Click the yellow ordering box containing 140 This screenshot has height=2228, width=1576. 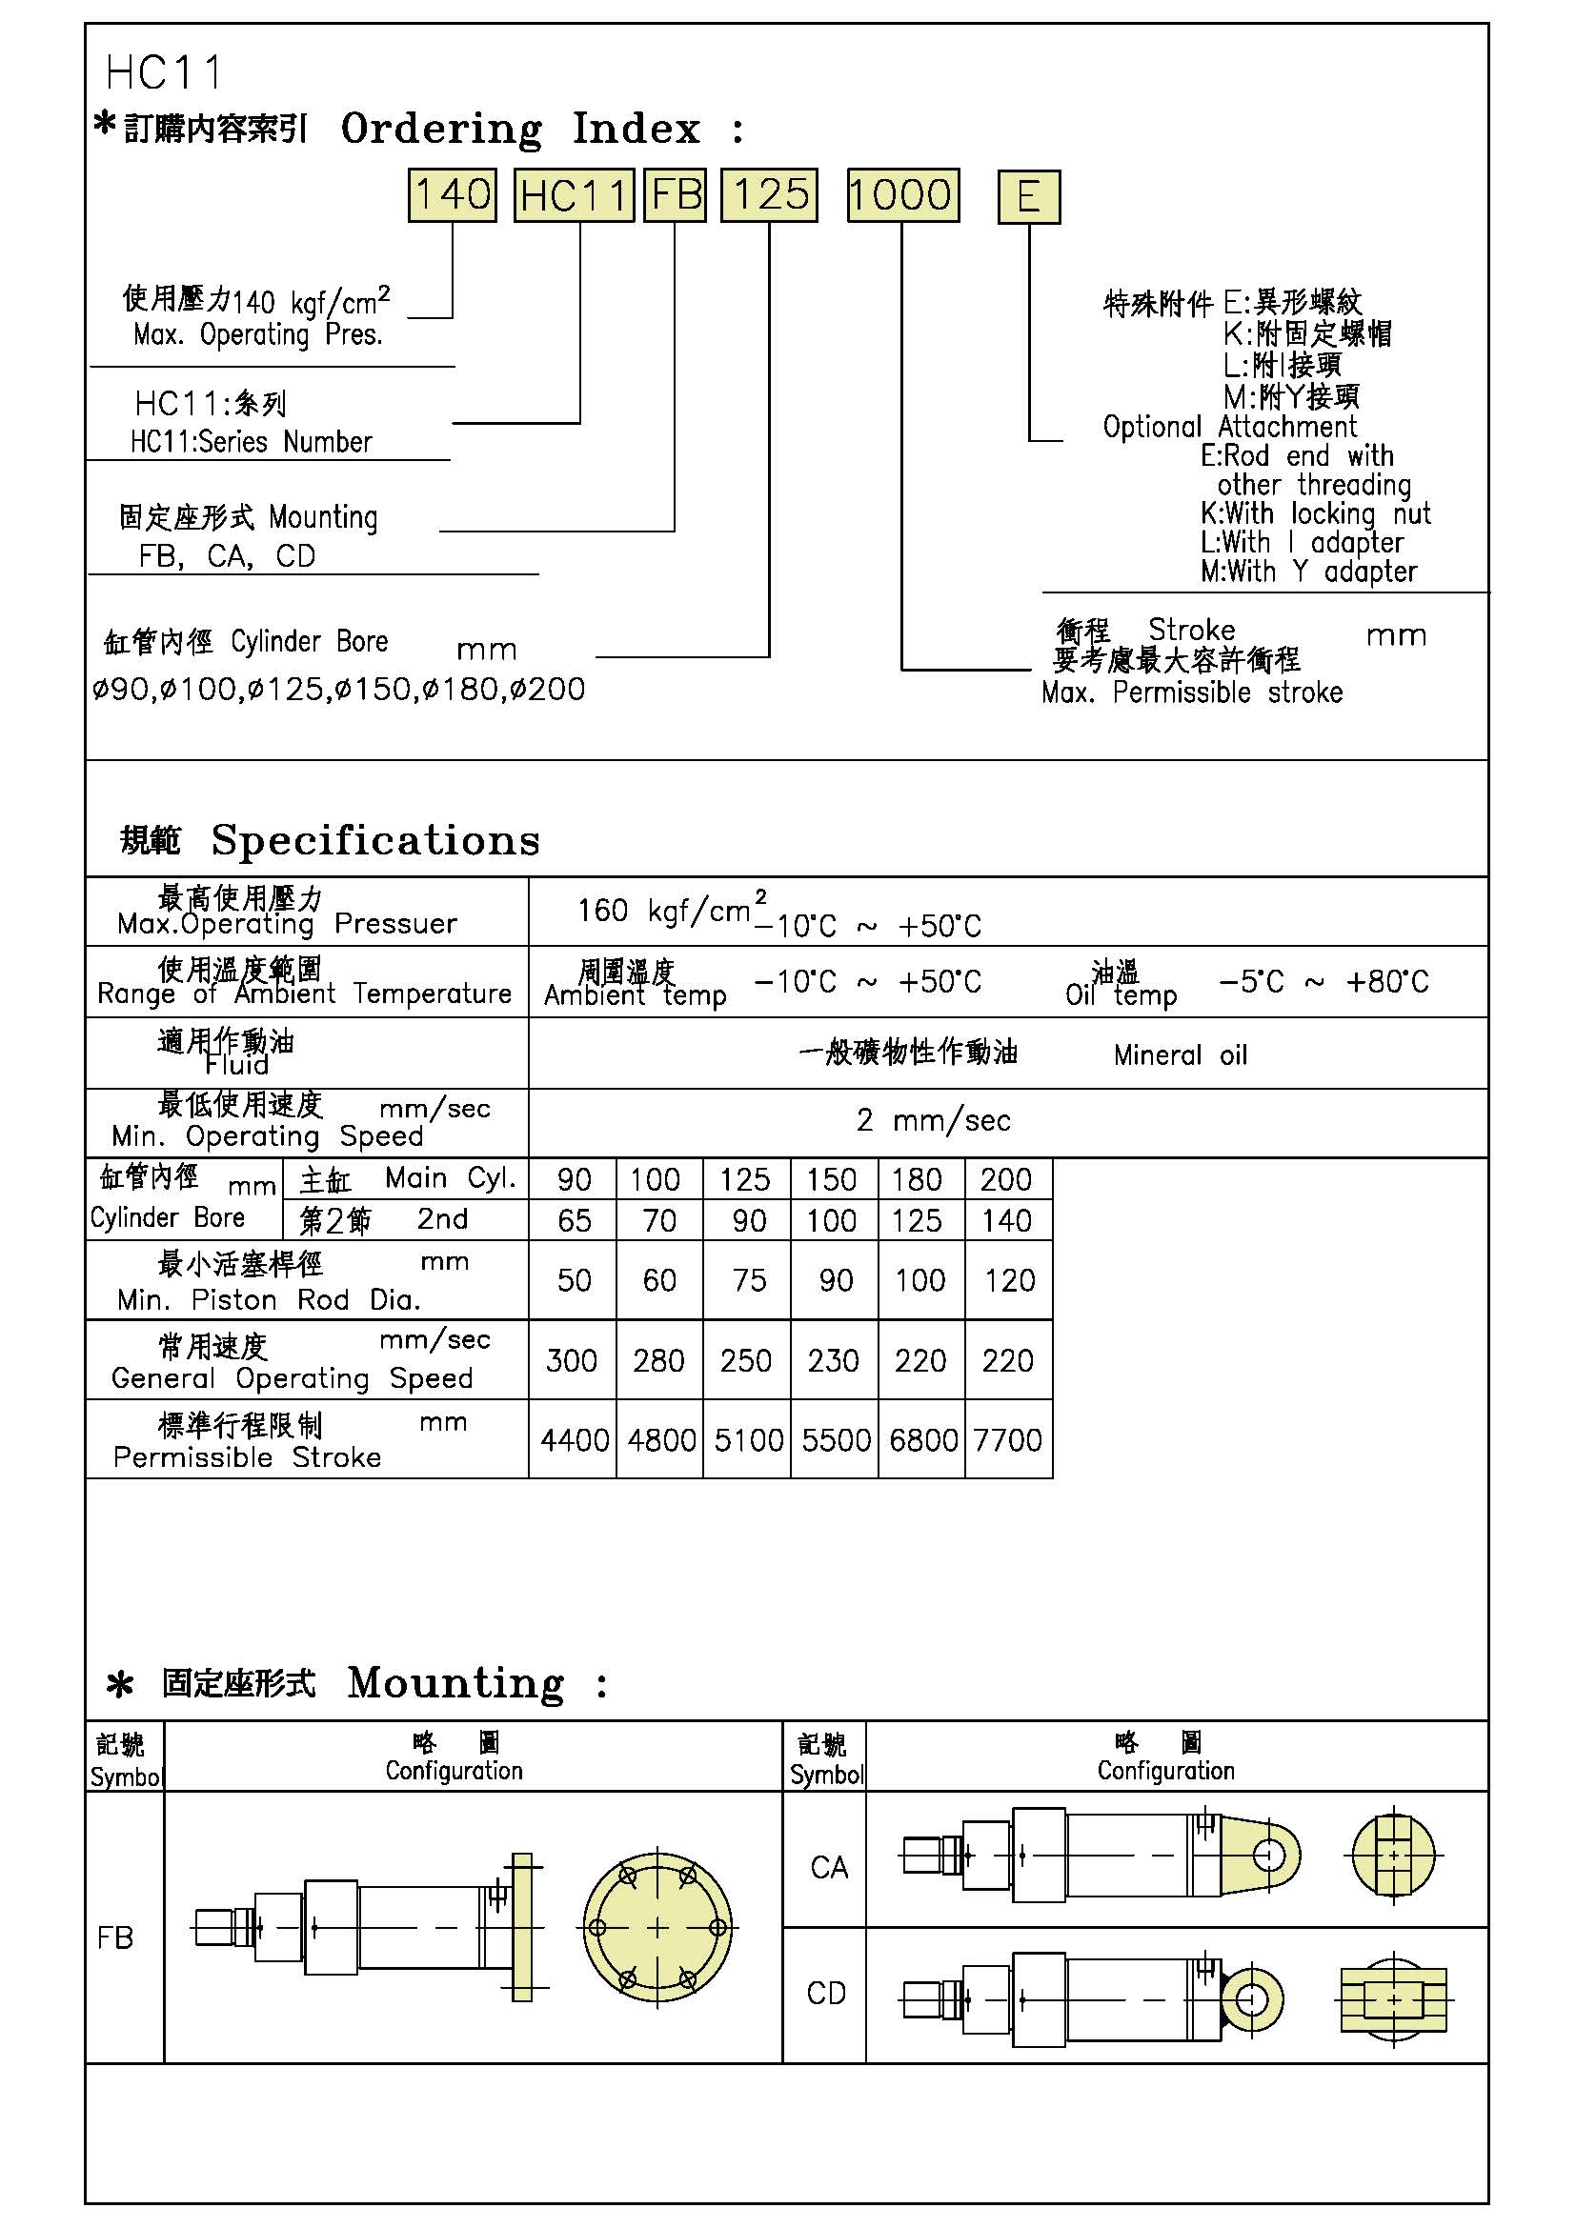pos(452,195)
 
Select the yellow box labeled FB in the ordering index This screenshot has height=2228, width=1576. pos(676,195)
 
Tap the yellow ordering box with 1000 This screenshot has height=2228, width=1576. pos(902,195)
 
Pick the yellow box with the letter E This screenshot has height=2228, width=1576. pos(1029,197)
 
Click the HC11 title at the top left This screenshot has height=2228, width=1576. pos(164,72)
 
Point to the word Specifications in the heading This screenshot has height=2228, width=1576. pos(375,839)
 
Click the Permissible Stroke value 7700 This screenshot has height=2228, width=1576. pos(1007,1440)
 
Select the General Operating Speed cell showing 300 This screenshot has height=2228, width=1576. pos(572,1360)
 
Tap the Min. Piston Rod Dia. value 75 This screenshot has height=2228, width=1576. pos(749,1281)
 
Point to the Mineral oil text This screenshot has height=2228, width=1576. pos(1180,1054)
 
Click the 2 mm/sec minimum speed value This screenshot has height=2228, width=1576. pos(934,1121)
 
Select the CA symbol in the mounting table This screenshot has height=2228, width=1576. pos(829,1867)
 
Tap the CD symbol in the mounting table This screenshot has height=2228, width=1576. pos(827,1993)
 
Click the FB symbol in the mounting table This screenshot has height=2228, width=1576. pos(115,1937)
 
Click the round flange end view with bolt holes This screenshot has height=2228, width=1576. pos(657,1927)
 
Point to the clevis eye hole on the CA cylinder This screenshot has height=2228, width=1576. pos(1267,1857)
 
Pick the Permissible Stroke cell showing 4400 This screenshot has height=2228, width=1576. pos(575,1440)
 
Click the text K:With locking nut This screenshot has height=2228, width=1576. pos(1315,513)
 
